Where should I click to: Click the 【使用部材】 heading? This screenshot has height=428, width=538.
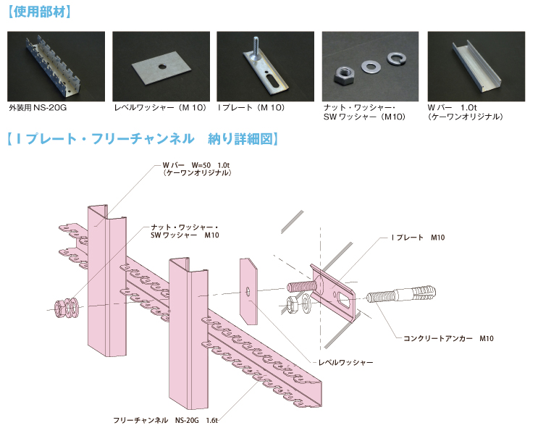point(38,12)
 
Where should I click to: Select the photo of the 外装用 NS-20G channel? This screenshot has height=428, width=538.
point(56,66)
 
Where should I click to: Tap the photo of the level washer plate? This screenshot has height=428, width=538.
point(161,66)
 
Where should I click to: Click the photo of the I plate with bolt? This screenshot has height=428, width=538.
point(265,66)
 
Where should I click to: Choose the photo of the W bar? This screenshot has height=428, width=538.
point(475,66)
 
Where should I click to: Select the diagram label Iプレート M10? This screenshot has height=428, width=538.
point(417,238)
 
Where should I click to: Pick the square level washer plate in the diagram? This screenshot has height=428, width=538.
point(248,290)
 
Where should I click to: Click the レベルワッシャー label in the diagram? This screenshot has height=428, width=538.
point(345,361)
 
